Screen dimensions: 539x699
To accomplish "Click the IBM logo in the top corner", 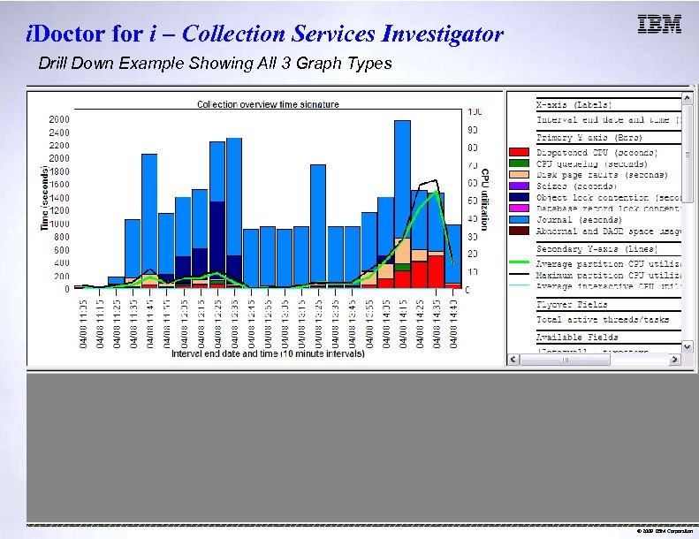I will tap(659, 25).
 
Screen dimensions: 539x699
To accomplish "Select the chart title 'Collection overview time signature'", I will tap(268, 104).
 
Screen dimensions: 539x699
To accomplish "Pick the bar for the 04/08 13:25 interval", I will tap(335, 256).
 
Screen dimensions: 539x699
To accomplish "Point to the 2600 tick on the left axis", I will tap(60, 118).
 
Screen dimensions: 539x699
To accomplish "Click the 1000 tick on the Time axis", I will tap(60, 224).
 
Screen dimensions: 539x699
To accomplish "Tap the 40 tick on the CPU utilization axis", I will tap(475, 218).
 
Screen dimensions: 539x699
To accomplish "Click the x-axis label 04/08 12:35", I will tap(234, 323).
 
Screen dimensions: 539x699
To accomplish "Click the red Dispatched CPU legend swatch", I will tap(520, 152).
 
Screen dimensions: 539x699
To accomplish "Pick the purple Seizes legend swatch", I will tap(520, 186).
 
